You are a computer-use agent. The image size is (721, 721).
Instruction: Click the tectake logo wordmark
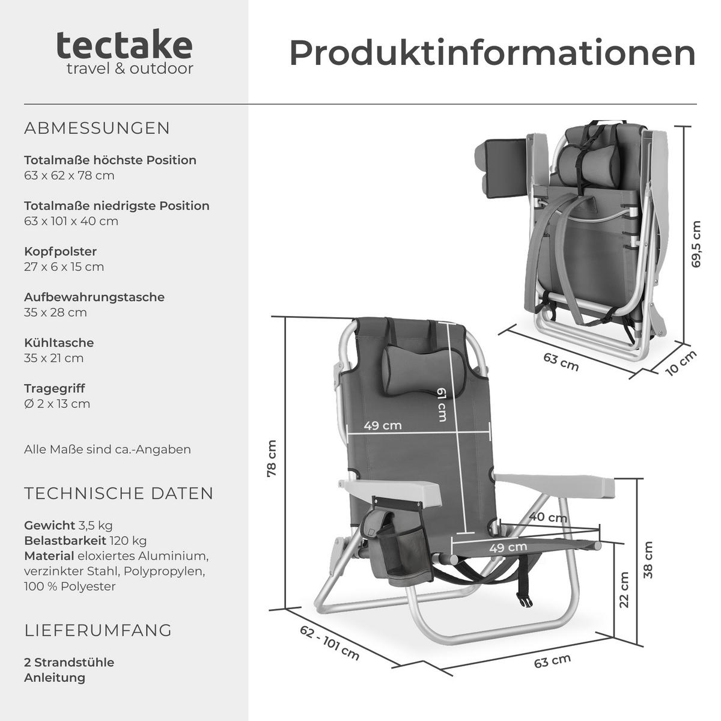point(124,46)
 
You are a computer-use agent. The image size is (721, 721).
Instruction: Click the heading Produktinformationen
point(492,53)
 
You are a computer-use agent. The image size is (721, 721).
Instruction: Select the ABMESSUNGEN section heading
point(97,129)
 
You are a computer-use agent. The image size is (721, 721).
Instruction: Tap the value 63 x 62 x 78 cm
point(69,175)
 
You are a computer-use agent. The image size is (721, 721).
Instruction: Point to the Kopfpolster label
point(60,251)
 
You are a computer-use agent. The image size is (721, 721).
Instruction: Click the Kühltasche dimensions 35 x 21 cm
point(54,358)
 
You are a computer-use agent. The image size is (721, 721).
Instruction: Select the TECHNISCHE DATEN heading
point(119,493)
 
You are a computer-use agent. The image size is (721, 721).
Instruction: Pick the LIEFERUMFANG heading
point(98,630)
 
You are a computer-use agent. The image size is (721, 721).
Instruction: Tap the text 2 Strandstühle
point(69,662)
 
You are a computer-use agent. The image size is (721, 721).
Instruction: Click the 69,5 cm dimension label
point(696,244)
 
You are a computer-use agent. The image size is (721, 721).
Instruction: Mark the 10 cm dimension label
point(681,363)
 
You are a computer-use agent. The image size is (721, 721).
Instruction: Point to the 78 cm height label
point(272,458)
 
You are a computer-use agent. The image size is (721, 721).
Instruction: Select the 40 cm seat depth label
point(547,517)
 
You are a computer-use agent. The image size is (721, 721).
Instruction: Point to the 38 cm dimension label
point(648,559)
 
